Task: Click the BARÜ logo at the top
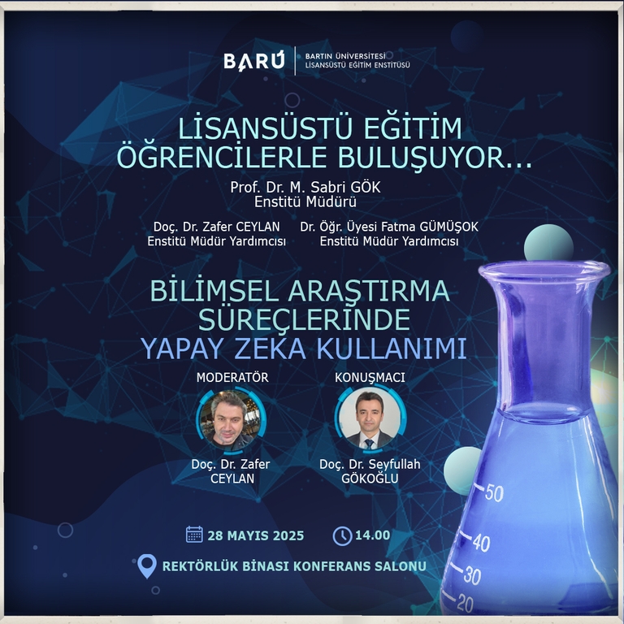[253, 61]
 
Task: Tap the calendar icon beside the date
[194, 535]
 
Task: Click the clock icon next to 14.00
[342, 535]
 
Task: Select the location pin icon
[147, 566]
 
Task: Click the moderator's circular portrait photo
[231, 421]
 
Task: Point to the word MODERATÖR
[232, 377]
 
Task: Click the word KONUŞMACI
[370, 377]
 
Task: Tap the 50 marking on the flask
[494, 492]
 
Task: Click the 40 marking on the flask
[481, 543]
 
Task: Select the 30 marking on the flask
[472, 575]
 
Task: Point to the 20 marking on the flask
[465, 603]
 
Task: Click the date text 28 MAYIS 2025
[255, 535]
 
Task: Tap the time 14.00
[372, 535]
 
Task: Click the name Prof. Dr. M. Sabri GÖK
[305, 187]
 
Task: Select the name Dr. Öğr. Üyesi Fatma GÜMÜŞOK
[389, 227]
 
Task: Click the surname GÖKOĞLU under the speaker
[370, 479]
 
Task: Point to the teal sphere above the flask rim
[548, 245]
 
